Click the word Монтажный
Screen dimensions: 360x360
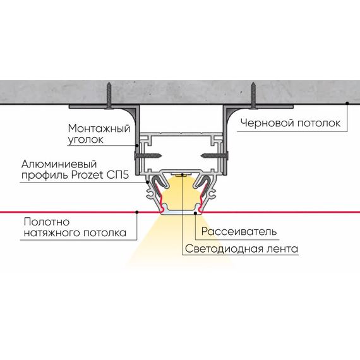(x=99, y=128)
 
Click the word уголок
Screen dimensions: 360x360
(x=86, y=140)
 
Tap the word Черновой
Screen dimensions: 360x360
(x=267, y=123)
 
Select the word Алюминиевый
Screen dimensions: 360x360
(x=59, y=164)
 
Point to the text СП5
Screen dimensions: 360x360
(x=117, y=175)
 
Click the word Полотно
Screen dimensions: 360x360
(x=47, y=222)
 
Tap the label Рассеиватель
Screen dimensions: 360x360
(x=239, y=231)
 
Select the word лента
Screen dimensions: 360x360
(x=282, y=249)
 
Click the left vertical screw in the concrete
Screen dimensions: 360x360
(x=109, y=96)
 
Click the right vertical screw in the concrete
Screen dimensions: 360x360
(x=253, y=96)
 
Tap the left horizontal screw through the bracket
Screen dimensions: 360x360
(x=148, y=155)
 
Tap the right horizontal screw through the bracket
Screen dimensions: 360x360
(x=215, y=155)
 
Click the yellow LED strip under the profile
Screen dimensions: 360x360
(x=182, y=176)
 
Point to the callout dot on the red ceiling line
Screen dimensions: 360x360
(x=137, y=212)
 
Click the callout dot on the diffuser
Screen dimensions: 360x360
(x=195, y=213)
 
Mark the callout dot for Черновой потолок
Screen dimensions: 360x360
(x=347, y=103)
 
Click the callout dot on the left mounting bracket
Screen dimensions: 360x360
(x=137, y=145)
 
